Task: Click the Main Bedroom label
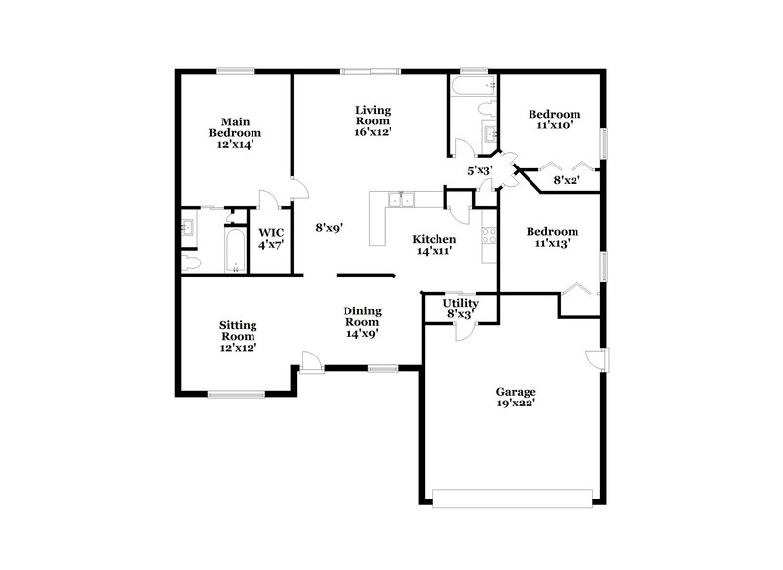tap(234, 132)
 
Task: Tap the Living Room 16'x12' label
tap(373, 120)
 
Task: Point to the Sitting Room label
tap(237, 335)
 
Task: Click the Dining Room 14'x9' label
tap(361, 322)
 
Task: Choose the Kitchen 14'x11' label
tap(434, 246)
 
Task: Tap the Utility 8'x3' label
tap(461, 309)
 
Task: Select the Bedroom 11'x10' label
tap(554, 119)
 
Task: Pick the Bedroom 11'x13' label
tap(553, 238)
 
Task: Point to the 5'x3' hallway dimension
tap(479, 171)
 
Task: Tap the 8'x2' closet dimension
tap(567, 180)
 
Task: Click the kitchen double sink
tap(402, 201)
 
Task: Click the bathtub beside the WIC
tap(236, 252)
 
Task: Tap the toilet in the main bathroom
tap(190, 261)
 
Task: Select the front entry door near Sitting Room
tap(312, 361)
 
